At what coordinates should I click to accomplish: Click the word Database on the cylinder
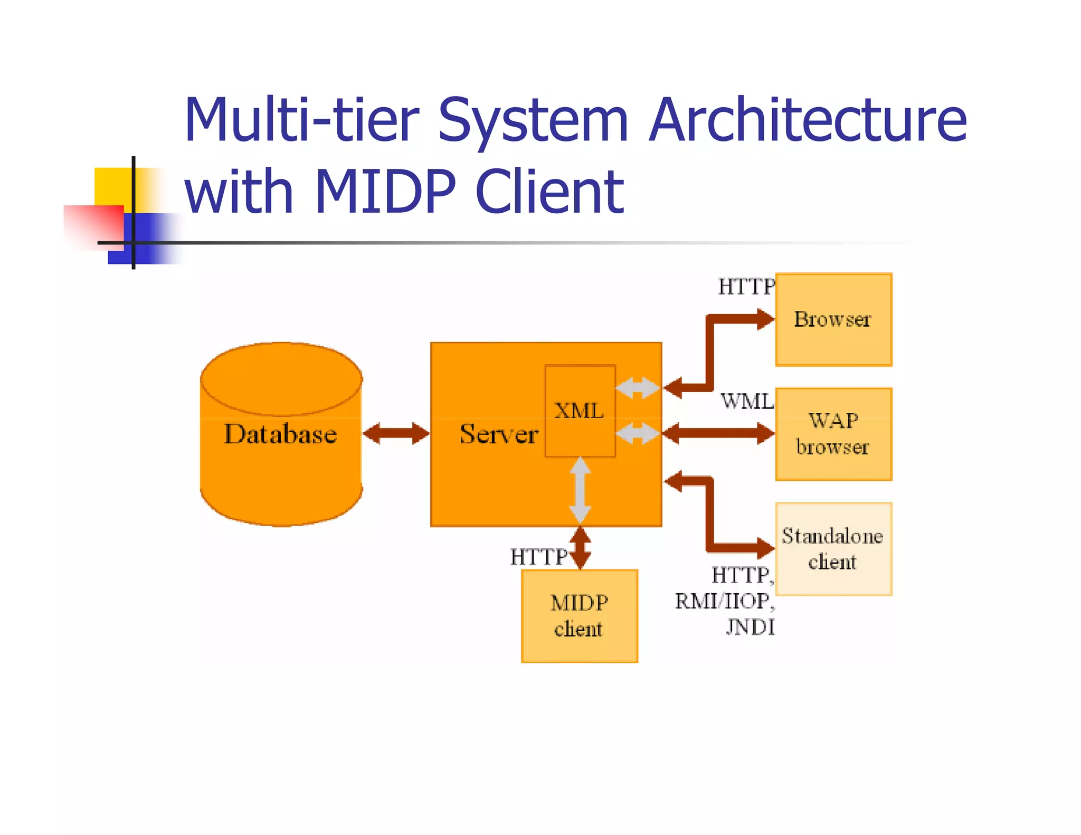(x=280, y=434)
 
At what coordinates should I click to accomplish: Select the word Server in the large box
(x=498, y=434)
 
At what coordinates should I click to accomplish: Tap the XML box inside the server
(x=580, y=411)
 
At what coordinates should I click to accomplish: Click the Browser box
(x=833, y=319)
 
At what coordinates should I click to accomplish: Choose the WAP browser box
(x=833, y=434)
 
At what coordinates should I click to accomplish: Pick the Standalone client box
(x=833, y=549)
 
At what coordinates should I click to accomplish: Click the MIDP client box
(x=579, y=615)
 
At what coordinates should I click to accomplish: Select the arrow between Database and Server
(x=396, y=434)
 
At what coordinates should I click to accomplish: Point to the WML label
(x=746, y=402)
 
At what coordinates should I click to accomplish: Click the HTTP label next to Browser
(x=745, y=287)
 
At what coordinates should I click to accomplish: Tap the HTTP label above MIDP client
(x=538, y=557)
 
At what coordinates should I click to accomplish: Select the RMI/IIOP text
(x=722, y=601)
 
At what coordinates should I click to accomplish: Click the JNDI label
(x=750, y=627)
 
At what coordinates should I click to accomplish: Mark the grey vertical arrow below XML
(x=580, y=490)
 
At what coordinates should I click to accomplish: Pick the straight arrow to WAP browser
(x=718, y=434)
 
